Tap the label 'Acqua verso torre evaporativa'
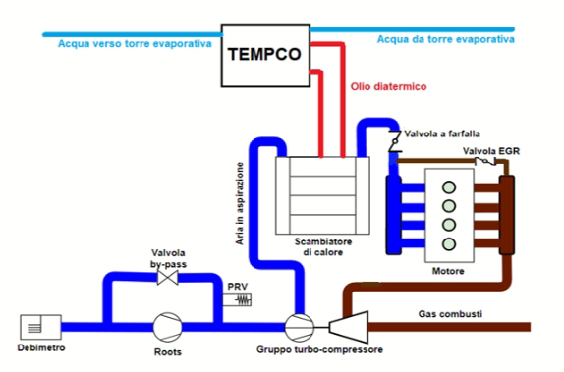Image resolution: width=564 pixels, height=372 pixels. point(128,43)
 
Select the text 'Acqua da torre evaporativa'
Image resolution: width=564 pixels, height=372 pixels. point(447,39)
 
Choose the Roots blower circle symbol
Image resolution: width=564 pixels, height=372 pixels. point(165,324)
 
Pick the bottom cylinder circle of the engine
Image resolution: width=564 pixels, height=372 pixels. point(451,241)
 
